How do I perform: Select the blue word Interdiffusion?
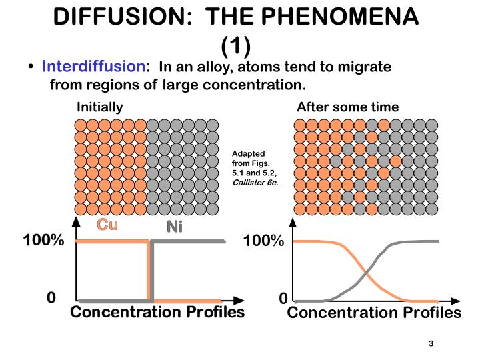(93, 67)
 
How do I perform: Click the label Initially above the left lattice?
(100, 107)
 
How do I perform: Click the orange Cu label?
(107, 225)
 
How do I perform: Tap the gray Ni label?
(174, 227)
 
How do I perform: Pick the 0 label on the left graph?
(51, 297)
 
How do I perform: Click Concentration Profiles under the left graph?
(157, 313)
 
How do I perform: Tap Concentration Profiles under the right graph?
(374, 313)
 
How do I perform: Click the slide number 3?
(431, 343)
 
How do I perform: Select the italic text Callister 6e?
(255, 181)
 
